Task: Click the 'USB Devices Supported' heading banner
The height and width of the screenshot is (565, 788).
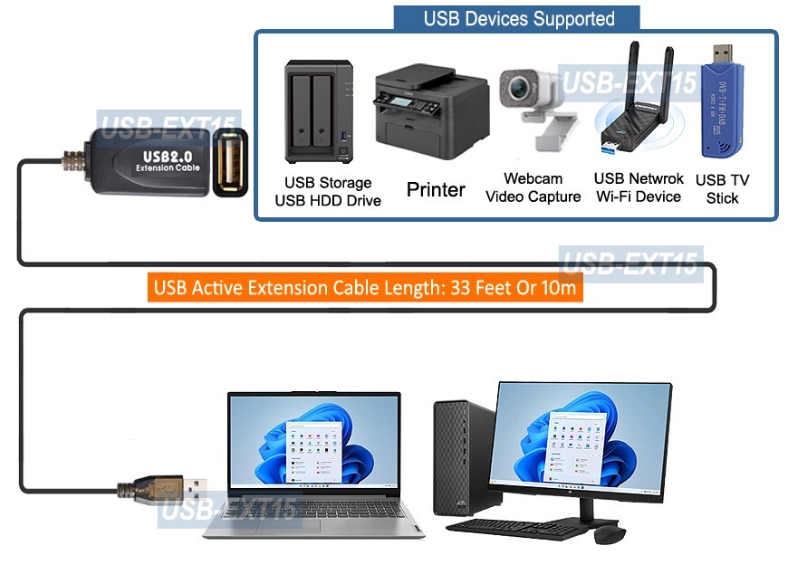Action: [518, 18]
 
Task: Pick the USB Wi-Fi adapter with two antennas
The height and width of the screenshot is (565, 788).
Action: [634, 109]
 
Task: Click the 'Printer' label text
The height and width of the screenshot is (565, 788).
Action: [436, 189]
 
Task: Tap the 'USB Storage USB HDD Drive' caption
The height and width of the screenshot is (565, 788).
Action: [328, 191]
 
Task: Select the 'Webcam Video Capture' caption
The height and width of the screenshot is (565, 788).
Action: [533, 188]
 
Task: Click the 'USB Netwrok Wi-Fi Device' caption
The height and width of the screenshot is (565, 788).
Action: [639, 187]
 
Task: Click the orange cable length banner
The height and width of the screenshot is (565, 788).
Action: [365, 288]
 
